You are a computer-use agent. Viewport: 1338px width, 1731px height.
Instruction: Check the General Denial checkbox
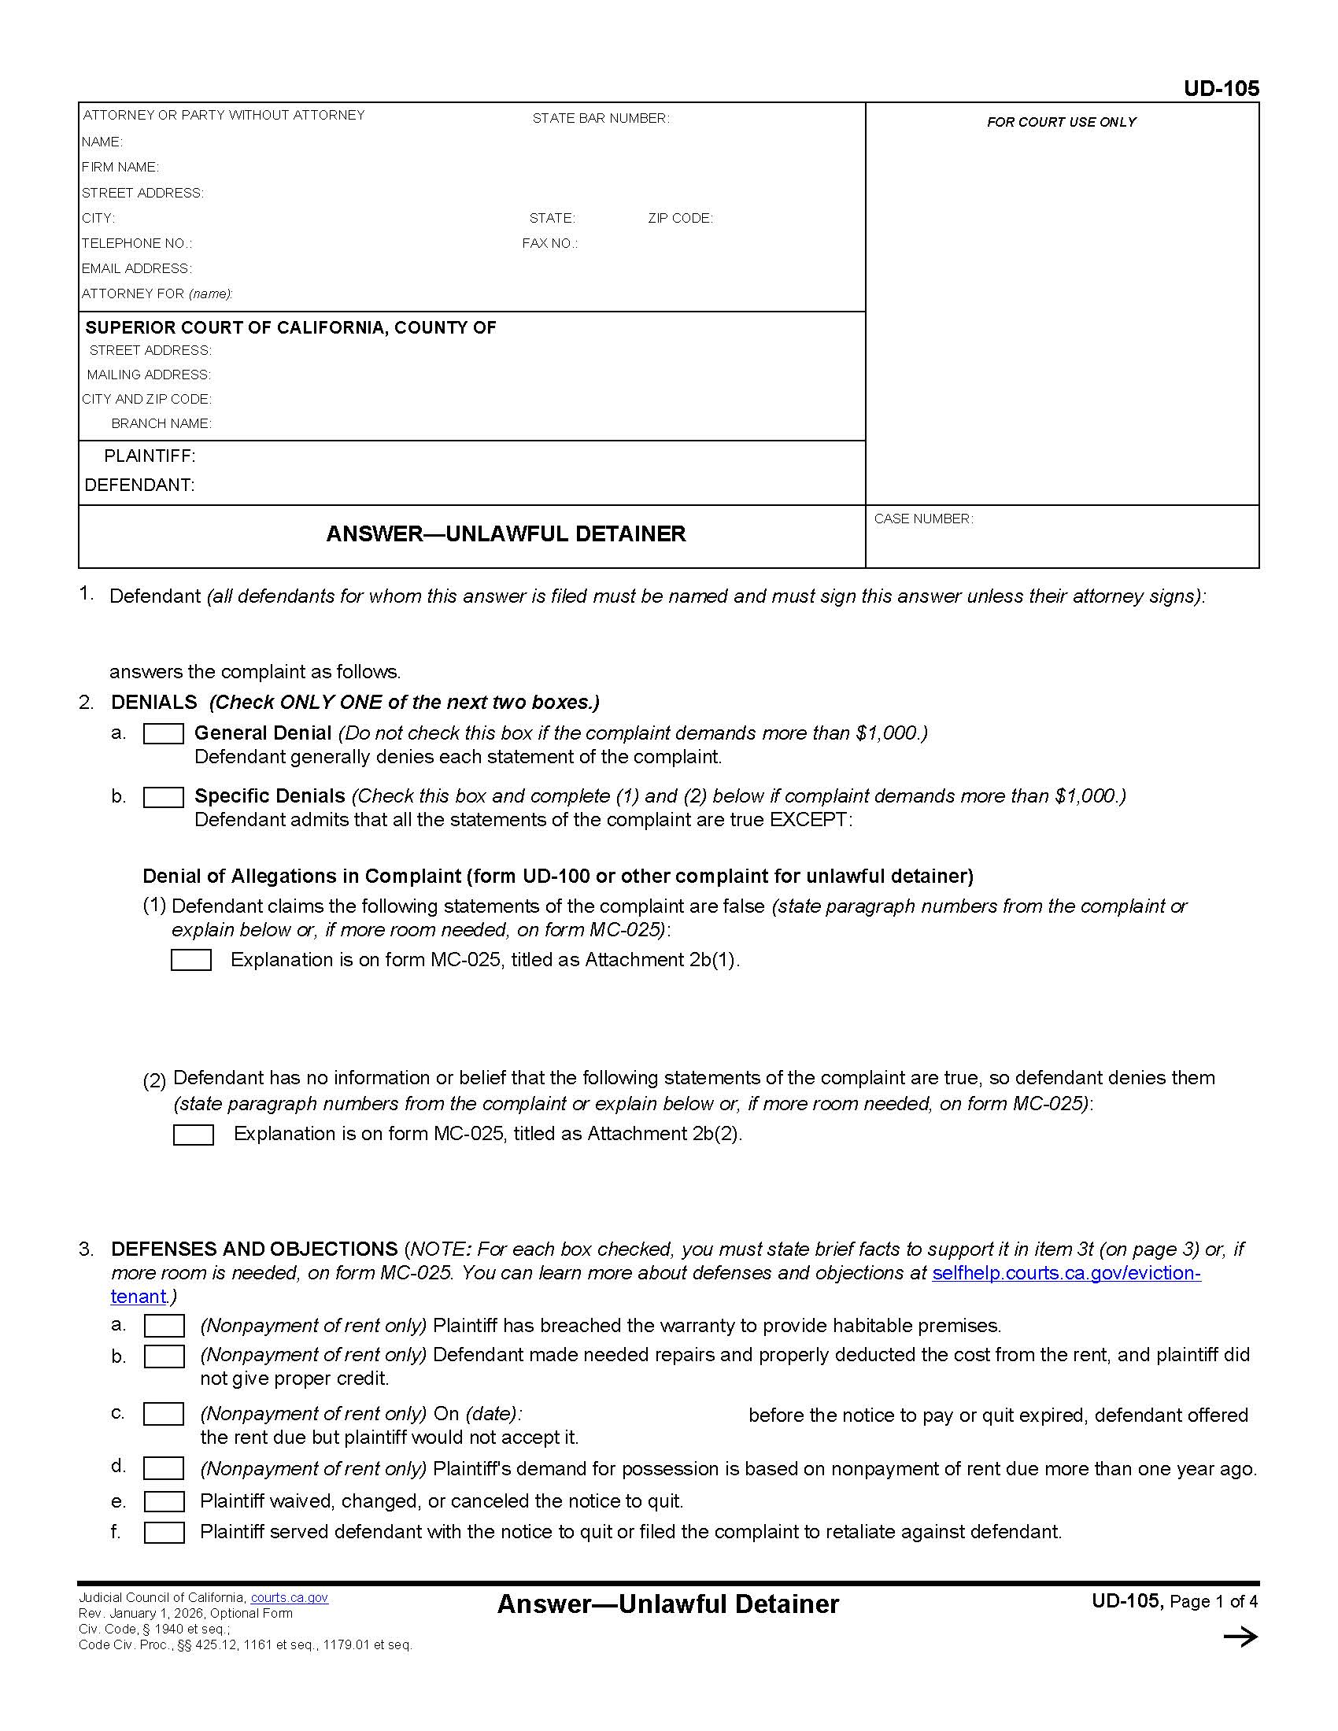tap(163, 733)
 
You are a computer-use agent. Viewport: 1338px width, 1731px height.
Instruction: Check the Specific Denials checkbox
tap(163, 796)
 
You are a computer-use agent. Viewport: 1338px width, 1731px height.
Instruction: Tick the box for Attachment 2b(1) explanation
tap(191, 960)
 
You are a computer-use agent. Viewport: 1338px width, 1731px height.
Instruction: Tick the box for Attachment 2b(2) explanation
tap(194, 1134)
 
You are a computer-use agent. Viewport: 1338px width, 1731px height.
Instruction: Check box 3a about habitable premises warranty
tap(164, 1325)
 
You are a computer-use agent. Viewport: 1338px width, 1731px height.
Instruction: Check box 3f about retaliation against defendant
tap(164, 1532)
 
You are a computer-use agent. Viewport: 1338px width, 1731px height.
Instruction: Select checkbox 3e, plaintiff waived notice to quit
tap(164, 1501)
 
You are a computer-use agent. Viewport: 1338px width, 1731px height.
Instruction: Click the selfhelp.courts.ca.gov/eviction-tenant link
tap(1066, 1273)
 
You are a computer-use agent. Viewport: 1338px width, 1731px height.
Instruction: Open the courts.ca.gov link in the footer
tap(290, 1598)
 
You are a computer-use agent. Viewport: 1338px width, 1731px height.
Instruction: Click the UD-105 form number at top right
tap(1221, 88)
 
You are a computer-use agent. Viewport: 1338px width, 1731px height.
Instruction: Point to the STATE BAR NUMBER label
tap(600, 118)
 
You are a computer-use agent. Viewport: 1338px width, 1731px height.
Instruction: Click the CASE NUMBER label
tap(923, 519)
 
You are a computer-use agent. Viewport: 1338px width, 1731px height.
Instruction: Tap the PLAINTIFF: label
tap(149, 456)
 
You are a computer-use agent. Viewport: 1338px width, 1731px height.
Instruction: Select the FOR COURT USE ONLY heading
tap(1061, 122)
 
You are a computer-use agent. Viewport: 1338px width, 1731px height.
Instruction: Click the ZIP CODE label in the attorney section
tap(680, 218)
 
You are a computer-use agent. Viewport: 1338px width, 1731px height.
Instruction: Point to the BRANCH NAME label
tap(161, 423)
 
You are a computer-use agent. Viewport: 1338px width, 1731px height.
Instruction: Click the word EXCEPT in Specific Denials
tap(808, 820)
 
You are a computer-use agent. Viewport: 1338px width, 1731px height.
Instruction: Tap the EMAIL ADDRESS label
tap(136, 268)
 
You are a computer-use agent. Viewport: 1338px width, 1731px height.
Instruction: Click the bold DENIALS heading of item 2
tap(153, 702)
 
